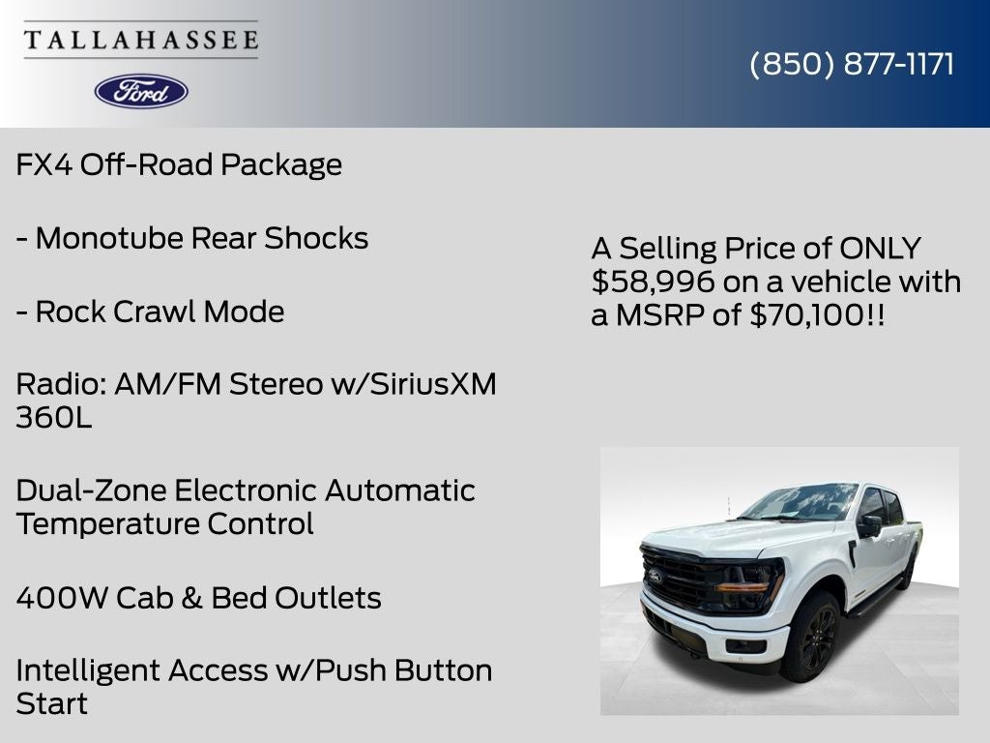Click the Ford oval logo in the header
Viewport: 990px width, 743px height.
(141, 91)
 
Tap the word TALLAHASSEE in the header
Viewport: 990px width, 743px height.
(141, 40)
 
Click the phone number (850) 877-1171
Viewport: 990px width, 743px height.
(852, 64)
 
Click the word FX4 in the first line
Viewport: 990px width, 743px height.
(44, 164)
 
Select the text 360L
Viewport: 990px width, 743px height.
(54, 418)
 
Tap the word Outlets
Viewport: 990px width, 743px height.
(328, 598)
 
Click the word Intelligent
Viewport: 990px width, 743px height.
(88, 670)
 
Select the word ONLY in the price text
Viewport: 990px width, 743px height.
(880, 248)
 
